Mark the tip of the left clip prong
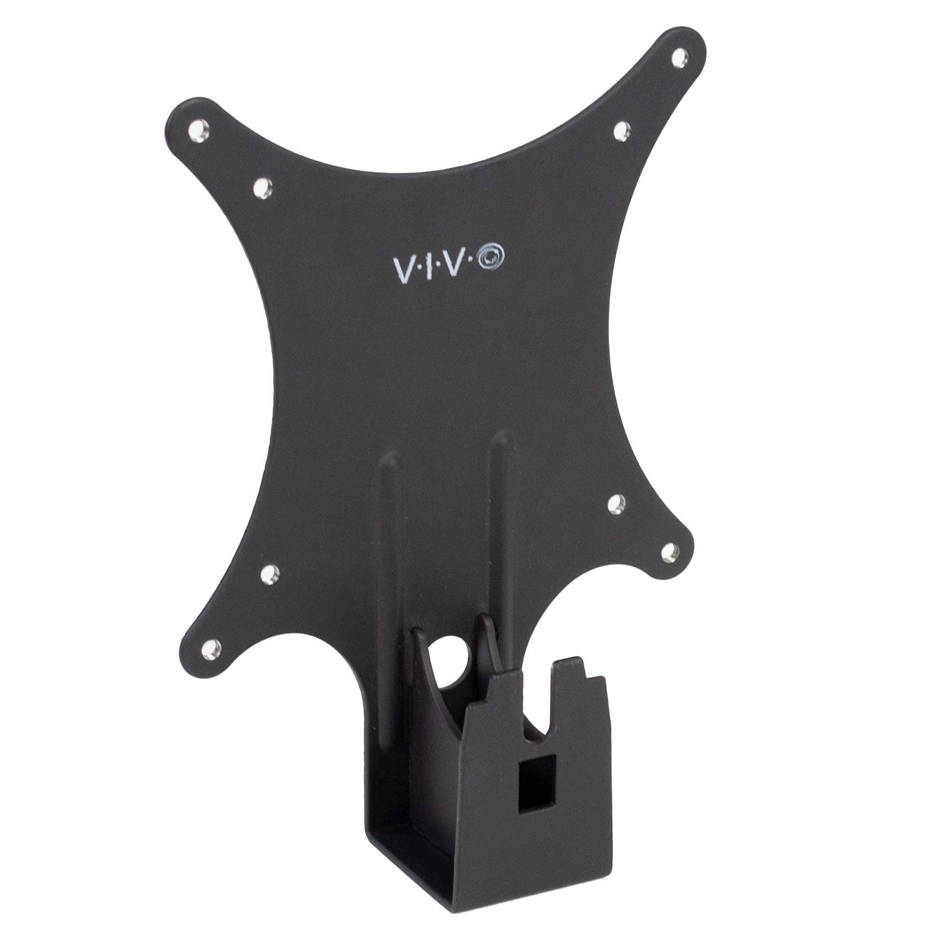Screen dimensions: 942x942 (x=418, y=635)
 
